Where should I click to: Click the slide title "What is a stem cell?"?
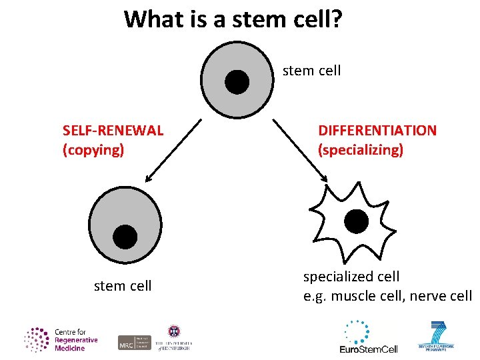pyautogui.click(x=233, y=19)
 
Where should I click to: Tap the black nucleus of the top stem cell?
pyautogui.click(x=237, y=82)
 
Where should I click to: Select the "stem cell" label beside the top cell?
pyautogui.click(x=311, y=71)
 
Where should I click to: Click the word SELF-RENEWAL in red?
pyautogui.click(x=113, y=130)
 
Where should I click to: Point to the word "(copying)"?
pyautogui.click(x=93, y=150)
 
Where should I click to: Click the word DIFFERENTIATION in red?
pyautogui.click(x=377, y=130)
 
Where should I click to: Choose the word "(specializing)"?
pyautogui.click(x=361, y=150)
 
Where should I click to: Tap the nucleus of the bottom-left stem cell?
pyautogui.click(x=125, y=236)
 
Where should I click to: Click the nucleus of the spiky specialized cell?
pyautogui.click(x=355, y=221)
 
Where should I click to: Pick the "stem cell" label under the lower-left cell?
pyautogui.click(x=123, y=286)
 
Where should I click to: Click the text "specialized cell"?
pyautogui.click(x=351, y=276)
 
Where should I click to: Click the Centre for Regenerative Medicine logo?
pyautogui.click(x=61, y=339)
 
